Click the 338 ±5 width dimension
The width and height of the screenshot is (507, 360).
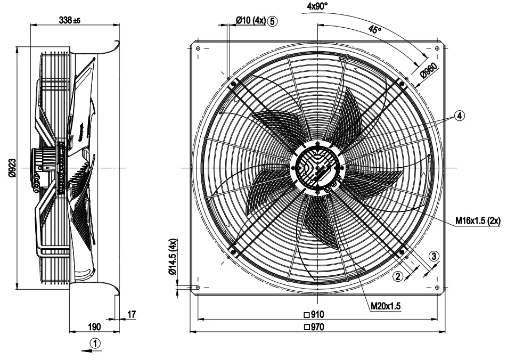tap(70, 20)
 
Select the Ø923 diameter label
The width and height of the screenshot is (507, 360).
tap(12, 168)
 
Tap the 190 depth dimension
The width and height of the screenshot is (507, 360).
tap(94, 326)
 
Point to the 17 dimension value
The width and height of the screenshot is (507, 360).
tap(132, 314)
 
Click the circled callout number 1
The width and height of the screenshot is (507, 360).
tap(95, 343)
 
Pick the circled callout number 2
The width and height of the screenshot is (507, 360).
tap(398, 276)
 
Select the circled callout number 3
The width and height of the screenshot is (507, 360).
tap(434, 256)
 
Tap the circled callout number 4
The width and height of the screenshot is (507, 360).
tap(460, 116)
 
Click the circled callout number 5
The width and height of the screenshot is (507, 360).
tap(272, 21)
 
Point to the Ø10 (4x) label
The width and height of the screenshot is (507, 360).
tap(251, 21)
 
